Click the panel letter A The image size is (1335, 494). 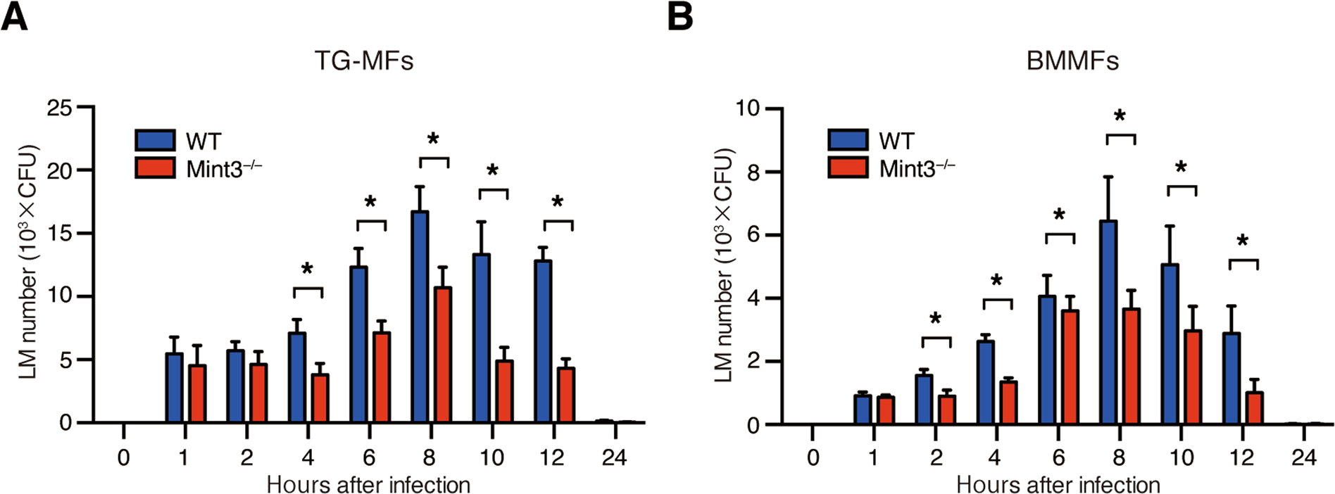coord(14,16)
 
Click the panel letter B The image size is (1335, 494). coord(679,16)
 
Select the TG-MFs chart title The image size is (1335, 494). coord(363,61)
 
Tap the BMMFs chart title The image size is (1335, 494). coord(1072,61)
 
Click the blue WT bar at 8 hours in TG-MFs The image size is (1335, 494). coord(420,317)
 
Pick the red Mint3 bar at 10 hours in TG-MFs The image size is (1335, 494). coord(504,391)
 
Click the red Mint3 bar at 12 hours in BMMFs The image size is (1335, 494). coord(1254,408)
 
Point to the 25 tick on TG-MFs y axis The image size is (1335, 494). coord(59,108)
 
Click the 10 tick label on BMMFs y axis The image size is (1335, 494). coord(748,108)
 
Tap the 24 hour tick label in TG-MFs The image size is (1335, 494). coord(614,458)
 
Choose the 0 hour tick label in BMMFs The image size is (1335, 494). coord(813,458)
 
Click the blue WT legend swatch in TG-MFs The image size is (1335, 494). coord(155,139)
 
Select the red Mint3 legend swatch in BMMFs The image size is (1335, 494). coord(848,167)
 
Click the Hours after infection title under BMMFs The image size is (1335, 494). coord(1058,485)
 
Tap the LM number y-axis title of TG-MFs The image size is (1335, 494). coord(28,262)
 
